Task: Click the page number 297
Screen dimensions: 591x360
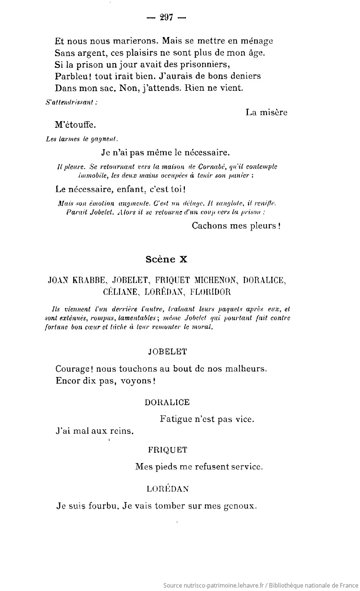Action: [x=166, y=17]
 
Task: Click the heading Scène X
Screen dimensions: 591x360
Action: [x=166, y=259]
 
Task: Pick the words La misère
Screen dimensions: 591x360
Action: [x=266, y=112]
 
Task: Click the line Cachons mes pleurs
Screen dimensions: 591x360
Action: [x=236, y=226]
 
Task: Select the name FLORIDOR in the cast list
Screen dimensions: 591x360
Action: [x=210, y=292]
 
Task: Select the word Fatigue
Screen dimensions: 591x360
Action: [x=175, y=419]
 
